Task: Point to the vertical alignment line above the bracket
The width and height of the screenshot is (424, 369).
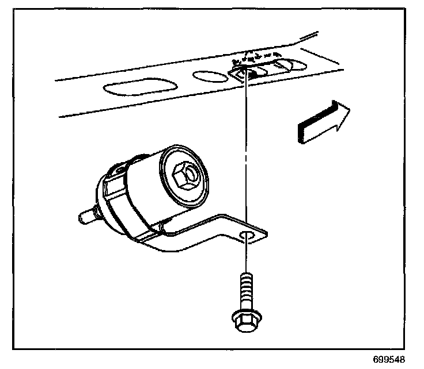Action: pyautogui.click(x=245, y=149)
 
